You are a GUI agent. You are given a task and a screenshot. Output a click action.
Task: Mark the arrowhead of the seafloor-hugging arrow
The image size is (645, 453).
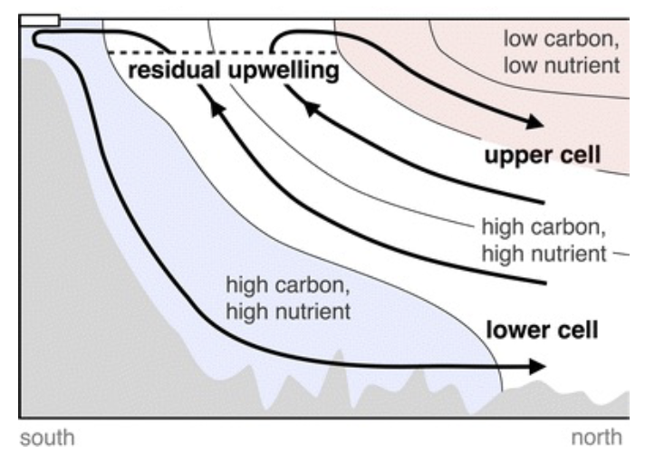pyautogui.click(x=537, y=367)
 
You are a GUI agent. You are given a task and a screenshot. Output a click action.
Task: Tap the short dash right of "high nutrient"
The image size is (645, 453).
pyautogui.click(x=621, y=255)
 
